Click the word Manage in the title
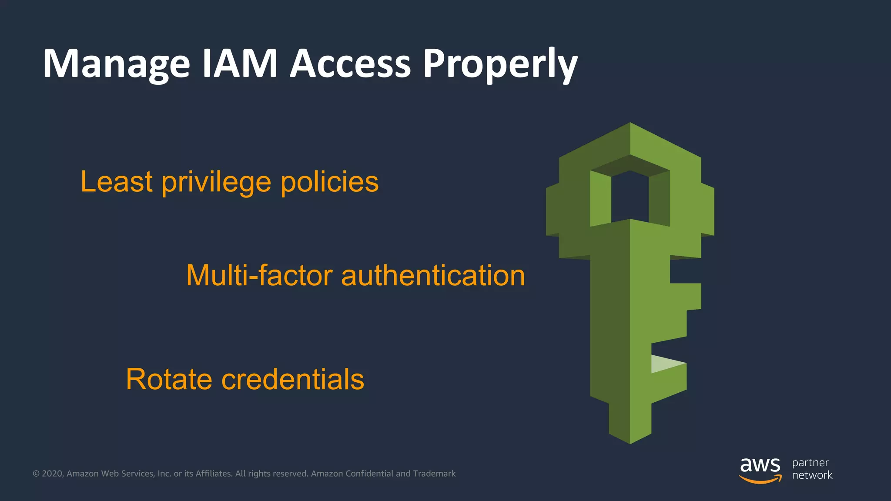[117, 64]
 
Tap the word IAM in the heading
[240, 63]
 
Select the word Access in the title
[350, 63]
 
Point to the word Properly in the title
[500, 64]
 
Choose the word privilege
[216, 182]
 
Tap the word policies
[329, 181]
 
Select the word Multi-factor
[259, 276]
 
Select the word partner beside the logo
[810, 463]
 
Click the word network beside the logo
[812, 475]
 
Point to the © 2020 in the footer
[48, 474]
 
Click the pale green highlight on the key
[666, 364]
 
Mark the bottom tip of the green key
[630, 442]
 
